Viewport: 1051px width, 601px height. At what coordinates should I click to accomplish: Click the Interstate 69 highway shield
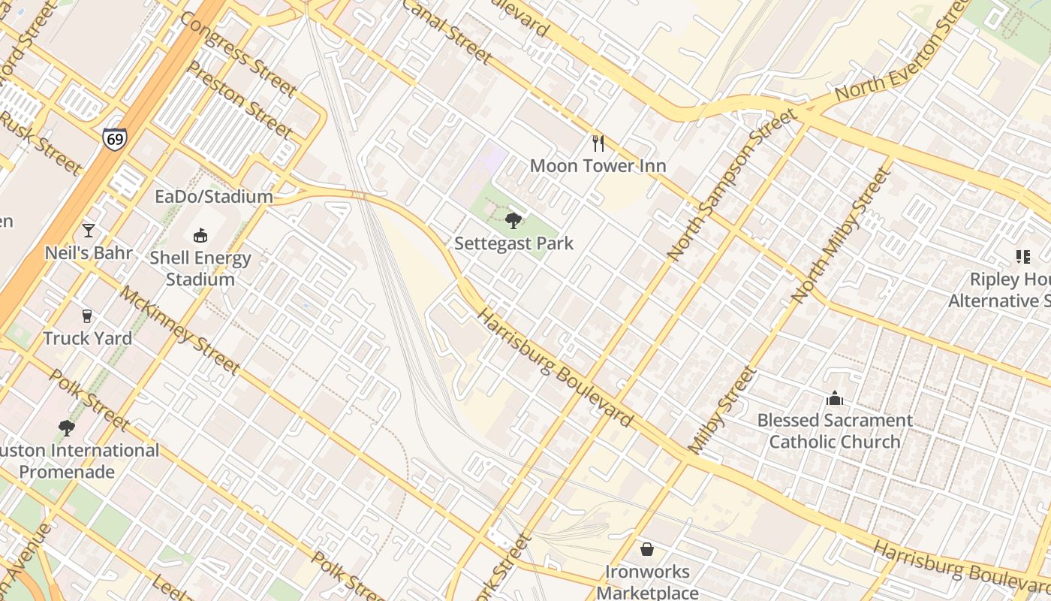click(x=115, y=139)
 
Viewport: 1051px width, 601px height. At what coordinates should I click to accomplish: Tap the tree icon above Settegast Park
click(x=513, y=220)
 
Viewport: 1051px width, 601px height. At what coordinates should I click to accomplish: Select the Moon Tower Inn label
click(x=598, y=165)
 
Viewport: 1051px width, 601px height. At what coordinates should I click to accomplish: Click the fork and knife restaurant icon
click(x=598, y=143)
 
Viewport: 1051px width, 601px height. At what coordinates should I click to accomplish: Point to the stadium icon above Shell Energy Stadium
click(x=200, y=236)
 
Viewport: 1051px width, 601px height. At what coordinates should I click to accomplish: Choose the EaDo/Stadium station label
click(x=214, y=197)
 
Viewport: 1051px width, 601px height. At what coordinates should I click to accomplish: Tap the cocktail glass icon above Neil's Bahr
click(x=89, y=231)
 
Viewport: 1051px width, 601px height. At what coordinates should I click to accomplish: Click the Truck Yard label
click(x=88, y=338)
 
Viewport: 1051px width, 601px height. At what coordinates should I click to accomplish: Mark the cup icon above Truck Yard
click(x=87, y=316)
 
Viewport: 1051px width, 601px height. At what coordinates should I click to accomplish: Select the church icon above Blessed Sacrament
click(x=834, y=398)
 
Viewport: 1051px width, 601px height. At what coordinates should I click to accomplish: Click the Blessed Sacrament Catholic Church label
click(x=835, y=430)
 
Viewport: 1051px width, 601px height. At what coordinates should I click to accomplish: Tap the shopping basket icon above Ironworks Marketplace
click(x=646, y=550)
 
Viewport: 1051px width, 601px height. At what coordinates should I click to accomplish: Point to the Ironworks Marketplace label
click(x=647, y=581)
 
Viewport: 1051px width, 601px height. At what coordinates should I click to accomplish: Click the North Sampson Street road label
click(x=731, y=185)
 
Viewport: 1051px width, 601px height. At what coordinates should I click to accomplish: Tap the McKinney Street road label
click(x=180, y=331)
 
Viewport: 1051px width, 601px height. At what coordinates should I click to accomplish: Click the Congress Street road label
click(x=239, y=54)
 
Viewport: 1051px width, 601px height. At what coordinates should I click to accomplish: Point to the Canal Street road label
click(x=448, y=32)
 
